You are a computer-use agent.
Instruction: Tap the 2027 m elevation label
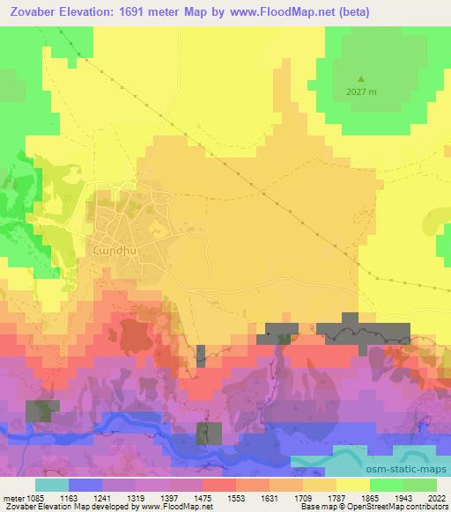(361, 92)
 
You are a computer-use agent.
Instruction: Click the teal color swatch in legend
(52, 485)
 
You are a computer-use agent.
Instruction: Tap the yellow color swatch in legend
(352, 485)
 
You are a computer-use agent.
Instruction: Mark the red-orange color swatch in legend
(219, 485)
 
